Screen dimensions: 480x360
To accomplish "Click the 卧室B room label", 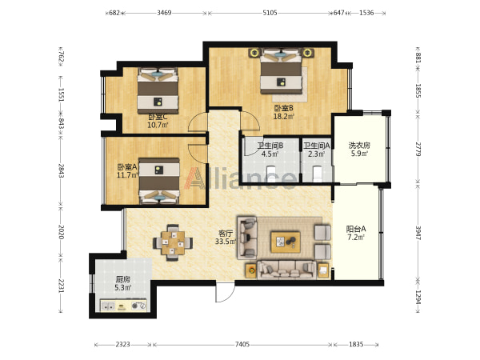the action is (x=283, y=108).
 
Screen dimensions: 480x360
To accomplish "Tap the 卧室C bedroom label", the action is (x=158, y=118).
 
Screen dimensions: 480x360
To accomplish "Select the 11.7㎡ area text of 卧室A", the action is (x=127, y=175).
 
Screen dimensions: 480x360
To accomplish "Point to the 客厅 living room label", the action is (x=226, y=234).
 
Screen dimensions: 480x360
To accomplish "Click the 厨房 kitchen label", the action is (x=122, y=279).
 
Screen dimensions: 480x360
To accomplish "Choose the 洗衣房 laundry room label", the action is (x=359, y=145).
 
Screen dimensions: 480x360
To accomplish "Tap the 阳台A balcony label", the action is (x=356, y=229).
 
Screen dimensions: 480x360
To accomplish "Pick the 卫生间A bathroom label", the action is (x=317, y=146).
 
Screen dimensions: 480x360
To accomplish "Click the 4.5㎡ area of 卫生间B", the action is (x=270, y=154).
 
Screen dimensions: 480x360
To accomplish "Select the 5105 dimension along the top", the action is (x=270, y=13).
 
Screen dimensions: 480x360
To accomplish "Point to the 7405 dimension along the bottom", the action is (x=242, y=344).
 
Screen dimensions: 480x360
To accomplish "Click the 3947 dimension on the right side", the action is (x=418, y=233).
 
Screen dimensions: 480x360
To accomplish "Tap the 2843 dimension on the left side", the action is (x=62, y=171).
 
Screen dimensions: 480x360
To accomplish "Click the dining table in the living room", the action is (x=173, y=242).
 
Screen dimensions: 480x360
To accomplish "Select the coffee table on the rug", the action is (x=286, y=242).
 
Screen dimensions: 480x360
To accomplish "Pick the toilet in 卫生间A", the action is (x=317, y=173).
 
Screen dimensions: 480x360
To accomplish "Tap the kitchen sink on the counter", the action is (x=108, y=306).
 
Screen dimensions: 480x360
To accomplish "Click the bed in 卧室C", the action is (x=158, y=90).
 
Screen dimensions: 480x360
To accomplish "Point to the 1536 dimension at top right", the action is (x=366, y=13).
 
